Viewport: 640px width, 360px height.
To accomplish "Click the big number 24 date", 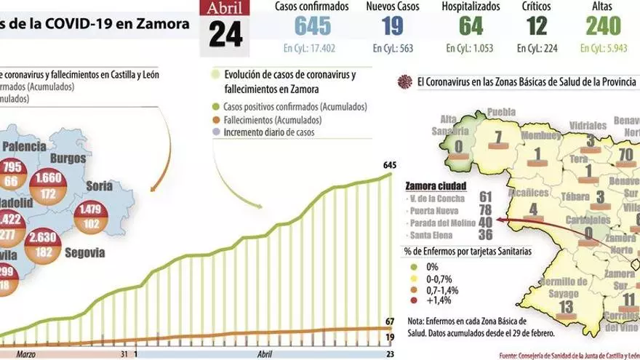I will pos(225,34).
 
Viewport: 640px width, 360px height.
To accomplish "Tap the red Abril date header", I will pos(225,9).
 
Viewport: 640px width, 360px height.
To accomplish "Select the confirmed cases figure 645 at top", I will pos(313,26).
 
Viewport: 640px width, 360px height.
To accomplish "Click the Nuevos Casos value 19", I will pos(388,26).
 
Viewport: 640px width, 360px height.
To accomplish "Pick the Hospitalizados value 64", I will pos(471,26).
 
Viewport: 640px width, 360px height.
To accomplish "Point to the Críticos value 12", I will pos(536,26).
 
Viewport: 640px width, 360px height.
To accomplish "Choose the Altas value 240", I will pos(604,26).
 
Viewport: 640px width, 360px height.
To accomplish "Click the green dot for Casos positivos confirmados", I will pos(215,107).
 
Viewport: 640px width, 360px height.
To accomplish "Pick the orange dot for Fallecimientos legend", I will pos(215,120).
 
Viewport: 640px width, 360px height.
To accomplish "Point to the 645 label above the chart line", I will pos(389,165).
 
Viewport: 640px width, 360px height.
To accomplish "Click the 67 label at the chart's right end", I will pos(390,321).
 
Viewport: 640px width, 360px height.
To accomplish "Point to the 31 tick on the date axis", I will pos(125,353).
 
